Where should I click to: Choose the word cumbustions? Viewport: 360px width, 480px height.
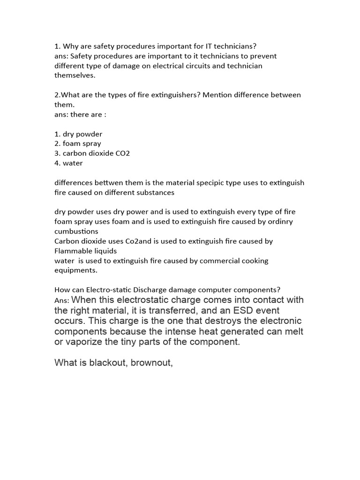click(x=76, y=232)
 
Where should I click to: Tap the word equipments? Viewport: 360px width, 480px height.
click(x=75, y=270)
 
